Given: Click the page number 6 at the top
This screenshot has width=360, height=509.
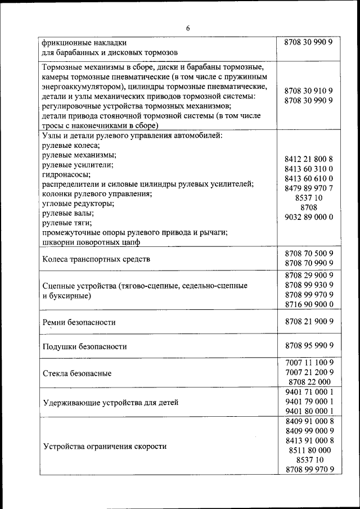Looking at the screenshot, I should (188, 29).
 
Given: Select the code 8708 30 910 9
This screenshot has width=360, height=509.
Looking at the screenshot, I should (309, 90).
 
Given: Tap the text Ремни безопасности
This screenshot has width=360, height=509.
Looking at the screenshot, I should (79, 322).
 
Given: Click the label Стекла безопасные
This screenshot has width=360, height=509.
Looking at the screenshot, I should (77, 373).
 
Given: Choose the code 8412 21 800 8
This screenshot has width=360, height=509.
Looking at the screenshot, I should (309, 159).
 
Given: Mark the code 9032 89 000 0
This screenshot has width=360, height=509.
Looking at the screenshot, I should (309, 217).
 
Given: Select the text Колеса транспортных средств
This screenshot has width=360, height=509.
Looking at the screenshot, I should (97, 259).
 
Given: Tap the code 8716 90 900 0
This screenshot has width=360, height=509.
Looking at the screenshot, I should (309, 304).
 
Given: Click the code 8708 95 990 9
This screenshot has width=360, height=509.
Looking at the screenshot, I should (309, 345).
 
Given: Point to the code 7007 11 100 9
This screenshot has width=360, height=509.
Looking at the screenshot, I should (309, 362).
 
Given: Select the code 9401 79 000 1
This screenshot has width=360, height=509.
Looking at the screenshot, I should (309, 401).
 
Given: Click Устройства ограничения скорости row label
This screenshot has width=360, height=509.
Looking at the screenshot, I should (105, 446).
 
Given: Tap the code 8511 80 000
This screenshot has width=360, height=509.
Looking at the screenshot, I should (309, 450).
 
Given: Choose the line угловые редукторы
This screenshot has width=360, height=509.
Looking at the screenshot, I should (78, 203).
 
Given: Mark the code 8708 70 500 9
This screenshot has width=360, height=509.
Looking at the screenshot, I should (309, 254).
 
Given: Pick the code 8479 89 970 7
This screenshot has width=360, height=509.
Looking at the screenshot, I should (309, 188).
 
